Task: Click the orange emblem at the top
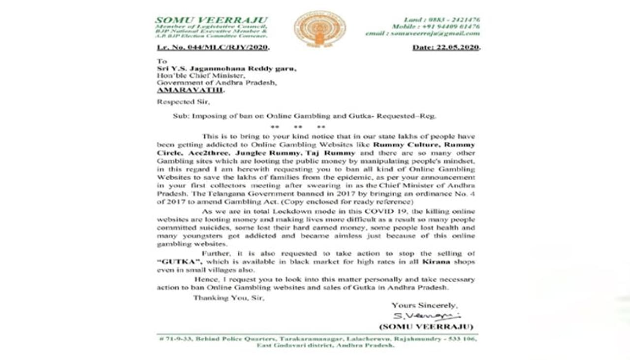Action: pos(319,28)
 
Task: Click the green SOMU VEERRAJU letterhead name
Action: pos(212,20)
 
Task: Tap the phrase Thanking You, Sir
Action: pos(228,298)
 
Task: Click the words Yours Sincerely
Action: pos(424,305)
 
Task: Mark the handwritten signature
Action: pos(426,316)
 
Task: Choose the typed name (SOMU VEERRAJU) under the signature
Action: pos(426,327)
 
